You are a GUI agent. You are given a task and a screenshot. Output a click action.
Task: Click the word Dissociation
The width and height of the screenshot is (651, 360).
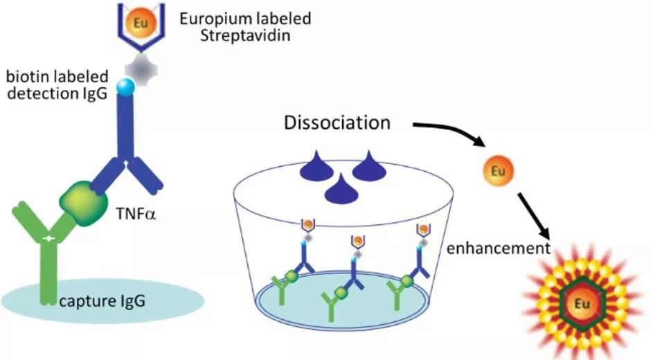click(337, 124)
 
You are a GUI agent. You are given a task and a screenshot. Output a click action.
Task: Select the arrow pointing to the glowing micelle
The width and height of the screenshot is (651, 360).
click(537, 220)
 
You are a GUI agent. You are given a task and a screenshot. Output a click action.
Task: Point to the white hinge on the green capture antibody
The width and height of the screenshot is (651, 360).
click(47, 238)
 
